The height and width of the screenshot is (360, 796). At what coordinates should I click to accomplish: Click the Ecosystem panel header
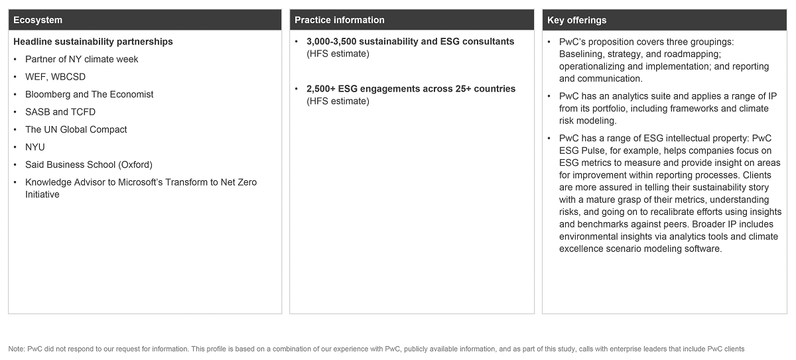point(38,20)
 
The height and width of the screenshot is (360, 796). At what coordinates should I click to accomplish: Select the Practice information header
point(340,20)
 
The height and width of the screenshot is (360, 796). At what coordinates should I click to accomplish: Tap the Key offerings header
point(576,20)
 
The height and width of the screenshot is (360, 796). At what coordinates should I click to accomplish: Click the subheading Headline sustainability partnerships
point(93,42)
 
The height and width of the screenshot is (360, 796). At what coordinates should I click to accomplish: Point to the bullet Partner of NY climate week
point(82,59)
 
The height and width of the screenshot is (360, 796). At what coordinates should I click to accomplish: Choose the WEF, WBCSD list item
point(55,77)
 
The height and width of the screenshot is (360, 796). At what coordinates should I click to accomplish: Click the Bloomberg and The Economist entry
point(89,94)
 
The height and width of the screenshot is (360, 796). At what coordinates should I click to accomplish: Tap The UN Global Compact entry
point(76,129)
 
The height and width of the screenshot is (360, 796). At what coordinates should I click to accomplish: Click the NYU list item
point(35,147)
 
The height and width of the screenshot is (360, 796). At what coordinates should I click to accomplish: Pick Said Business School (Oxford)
point(89,164)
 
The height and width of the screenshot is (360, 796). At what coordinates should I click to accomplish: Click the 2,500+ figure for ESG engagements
point(321,89)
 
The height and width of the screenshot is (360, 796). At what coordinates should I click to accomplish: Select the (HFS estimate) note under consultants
point(338,54)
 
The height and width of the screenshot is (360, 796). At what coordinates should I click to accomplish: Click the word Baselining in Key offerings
point(584,54)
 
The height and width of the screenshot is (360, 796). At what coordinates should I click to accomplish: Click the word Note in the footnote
point(17,349)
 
